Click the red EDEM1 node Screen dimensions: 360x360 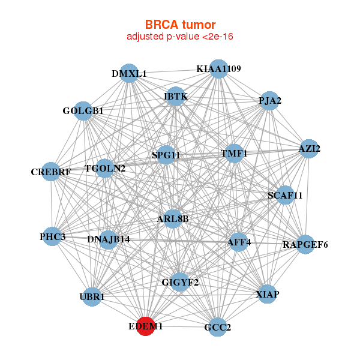pyautogui.click(x=146, y=326)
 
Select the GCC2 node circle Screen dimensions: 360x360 pyautogui.click(x=217, y=327)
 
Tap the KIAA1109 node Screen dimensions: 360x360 pyautogui.click(x=218, y=69)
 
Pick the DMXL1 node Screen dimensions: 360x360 pyautogui.click(x=129, y=73)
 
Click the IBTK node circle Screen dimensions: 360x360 pyautogui.click(x=176, y=96)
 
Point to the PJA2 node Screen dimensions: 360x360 pyautogui.click(x=269, y=101)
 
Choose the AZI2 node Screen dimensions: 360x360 pyautogui.click(x=309, y=149)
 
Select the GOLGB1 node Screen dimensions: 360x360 pyautogui.click(x=83, y=111)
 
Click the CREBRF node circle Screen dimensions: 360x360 pyautogui.click(x=51, y=172)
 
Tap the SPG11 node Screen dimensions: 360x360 pyautogui.click(x=166, y=155)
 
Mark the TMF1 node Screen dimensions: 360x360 pyautogui.click(x=234, y=154)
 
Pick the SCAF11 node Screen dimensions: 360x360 pyautogui.click(x=285, y=195)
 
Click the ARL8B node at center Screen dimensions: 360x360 pyautogui.click(x=173, y=219)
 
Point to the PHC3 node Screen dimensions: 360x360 pyautogui.click(x=52, y=236)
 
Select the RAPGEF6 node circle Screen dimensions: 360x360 pyautogui.click(x=305, y=245)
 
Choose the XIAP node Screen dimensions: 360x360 pyautogui.click(x=267, y=294)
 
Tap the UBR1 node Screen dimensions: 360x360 pyautogui.click(x=92, y=297)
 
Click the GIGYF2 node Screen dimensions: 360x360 pyautogui.click(x=180, y=282)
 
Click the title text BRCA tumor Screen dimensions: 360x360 pyautogui.click(x=180, y=25)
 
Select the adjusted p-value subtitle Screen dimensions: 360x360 pyautogui.click(x=180, y=37)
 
